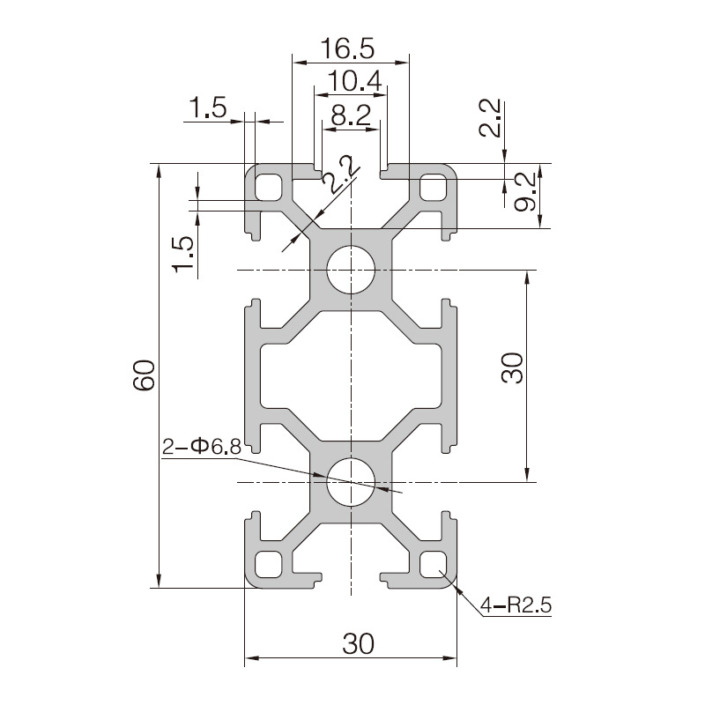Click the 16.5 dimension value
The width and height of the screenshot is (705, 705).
coord(347,48)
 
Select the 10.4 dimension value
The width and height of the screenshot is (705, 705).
coord(355,81)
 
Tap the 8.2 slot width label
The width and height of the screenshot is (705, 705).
coord(351,115)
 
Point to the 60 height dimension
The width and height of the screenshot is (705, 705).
coord(144,375)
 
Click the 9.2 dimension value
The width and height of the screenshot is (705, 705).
coord(524,191)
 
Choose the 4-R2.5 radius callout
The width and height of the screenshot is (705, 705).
coord(516,605)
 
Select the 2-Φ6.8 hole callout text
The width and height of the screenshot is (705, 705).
coord(202,447)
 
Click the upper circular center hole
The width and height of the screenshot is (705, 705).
coord(351,270)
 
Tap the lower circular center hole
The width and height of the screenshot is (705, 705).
coord(351,482)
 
